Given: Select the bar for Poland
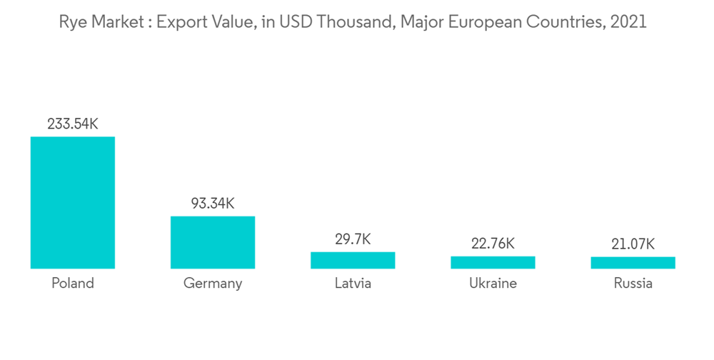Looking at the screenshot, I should tap(73, 202).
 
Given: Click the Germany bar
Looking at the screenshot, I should tap(213, 242).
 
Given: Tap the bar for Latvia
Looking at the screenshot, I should tap(353, 260).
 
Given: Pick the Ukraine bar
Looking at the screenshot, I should tap(493, 262).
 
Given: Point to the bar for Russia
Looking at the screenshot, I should tap(633, 263).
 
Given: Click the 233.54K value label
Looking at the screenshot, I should tap(73, 124).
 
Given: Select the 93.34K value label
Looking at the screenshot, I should tap(213, 204).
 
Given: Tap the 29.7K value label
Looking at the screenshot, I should tap(353, 239).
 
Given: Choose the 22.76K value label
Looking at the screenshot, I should tap(493, 244).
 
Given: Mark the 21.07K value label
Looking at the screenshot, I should tap(633, 244).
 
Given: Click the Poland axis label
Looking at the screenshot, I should tap(73, 283).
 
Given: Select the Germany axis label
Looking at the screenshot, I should tap(213, 284).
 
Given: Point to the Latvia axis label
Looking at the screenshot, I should tap(353, 283).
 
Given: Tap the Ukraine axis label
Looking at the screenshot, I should tap(493, 283).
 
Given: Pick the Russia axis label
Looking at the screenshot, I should tap(633, 283).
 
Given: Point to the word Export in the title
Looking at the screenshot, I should tap(180, 22).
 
